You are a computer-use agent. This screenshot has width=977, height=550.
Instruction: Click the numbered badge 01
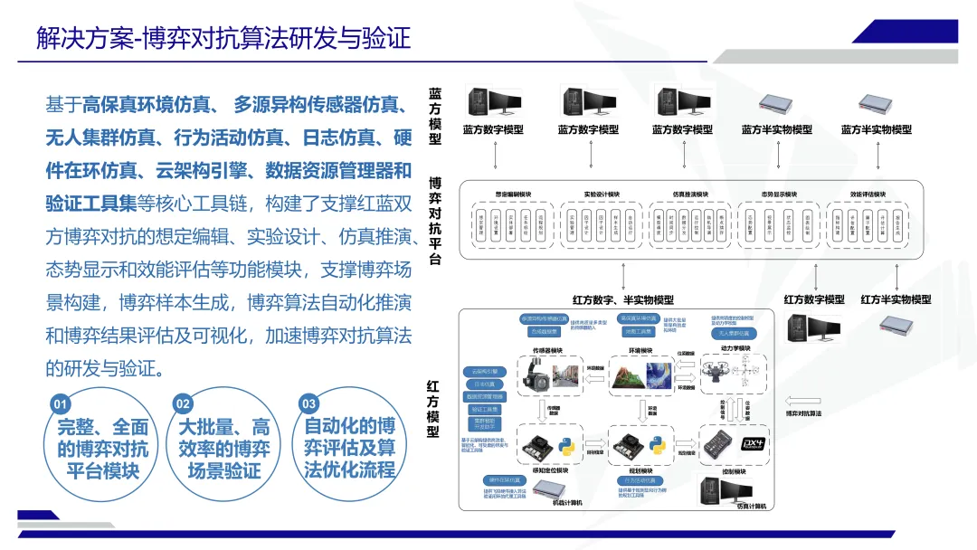point(61,403)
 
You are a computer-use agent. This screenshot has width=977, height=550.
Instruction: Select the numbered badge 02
point(184,403)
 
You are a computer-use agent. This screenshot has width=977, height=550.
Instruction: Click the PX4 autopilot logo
point(754,443)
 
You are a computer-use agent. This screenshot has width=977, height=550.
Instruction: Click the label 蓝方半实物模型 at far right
point(876,129)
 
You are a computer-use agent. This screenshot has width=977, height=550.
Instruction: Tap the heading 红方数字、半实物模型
point(623,299)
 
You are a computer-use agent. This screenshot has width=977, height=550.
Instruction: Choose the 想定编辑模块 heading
point(512,194)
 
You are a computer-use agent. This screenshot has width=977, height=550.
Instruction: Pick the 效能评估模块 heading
point(868,194)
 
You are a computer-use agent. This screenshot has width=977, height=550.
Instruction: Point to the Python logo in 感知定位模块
point(565,446)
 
